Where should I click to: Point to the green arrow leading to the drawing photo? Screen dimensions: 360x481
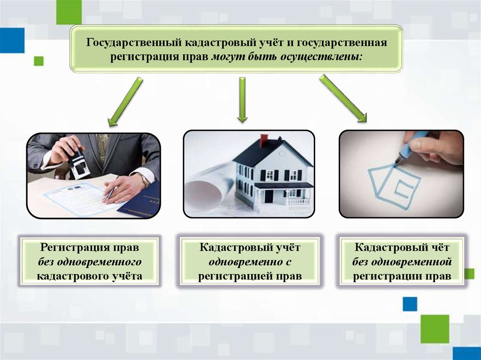[x=343, y=99]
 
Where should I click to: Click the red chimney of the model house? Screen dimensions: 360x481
[x=264, y=140]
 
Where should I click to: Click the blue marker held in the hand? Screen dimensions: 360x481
[x=413, y=146]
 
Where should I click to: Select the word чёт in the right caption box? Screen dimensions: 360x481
[x=439, y=247]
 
